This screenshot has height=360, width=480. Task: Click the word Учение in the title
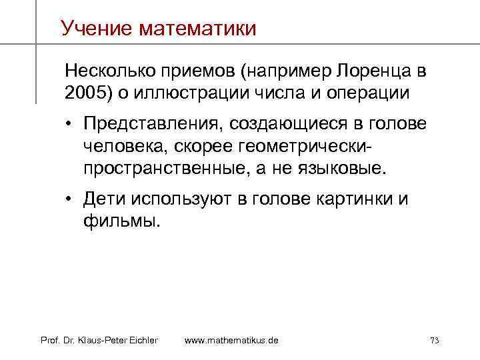97,28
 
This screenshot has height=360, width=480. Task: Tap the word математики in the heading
198,28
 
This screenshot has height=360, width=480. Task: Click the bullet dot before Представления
70,125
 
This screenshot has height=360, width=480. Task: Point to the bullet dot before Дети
70,199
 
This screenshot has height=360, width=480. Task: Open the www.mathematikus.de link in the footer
231,341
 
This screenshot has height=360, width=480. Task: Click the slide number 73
434,341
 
